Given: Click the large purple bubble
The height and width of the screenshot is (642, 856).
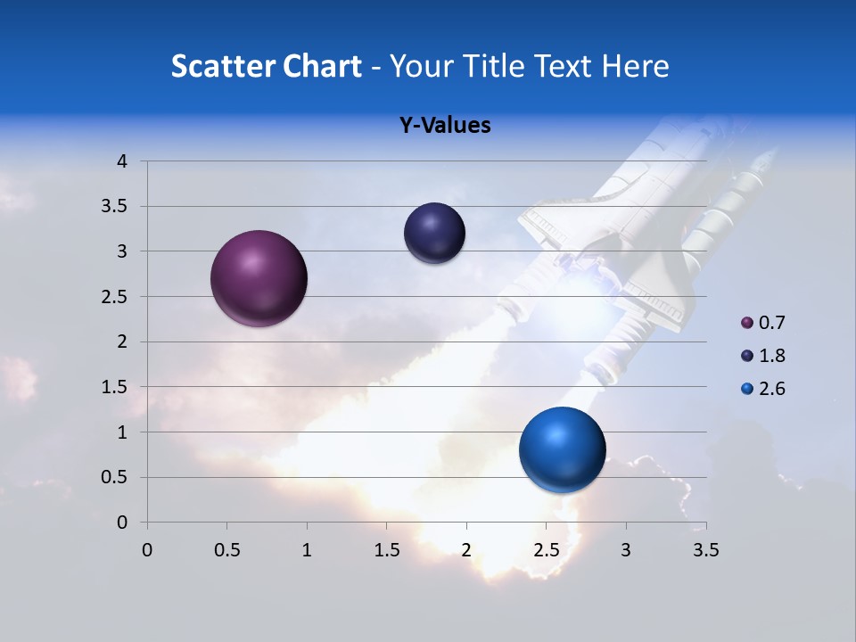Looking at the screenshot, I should pos(259,278).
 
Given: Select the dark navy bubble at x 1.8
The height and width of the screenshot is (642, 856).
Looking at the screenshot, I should pos(434,234).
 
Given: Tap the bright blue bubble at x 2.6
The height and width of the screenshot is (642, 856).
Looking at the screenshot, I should pos(562,449).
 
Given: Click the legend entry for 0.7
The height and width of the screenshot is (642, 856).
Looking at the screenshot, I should pos(764,323).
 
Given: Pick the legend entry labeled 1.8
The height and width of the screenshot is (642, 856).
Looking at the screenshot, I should pos(764,356).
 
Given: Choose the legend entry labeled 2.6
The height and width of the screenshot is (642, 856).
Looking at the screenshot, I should pos(764,389).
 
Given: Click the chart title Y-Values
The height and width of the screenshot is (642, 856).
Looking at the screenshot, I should pos(444,125).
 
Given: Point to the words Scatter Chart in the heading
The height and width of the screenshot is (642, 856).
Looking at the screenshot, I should pos(266,66).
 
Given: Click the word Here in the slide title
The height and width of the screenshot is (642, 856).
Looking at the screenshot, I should pos(635,66).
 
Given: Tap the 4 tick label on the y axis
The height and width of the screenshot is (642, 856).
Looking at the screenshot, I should pos(122,161).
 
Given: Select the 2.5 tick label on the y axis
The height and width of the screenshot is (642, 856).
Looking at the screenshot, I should pos(115,297).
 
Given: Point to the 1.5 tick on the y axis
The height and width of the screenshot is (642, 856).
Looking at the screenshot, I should pos(115,387).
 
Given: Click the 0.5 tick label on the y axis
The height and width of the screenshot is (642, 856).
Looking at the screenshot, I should pos(115,477).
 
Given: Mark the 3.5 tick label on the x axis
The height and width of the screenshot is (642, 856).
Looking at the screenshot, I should pos(705,550).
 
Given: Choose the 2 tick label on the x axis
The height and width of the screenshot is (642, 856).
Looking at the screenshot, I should pos(466,550).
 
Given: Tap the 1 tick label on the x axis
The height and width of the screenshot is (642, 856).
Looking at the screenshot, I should pos(307,550).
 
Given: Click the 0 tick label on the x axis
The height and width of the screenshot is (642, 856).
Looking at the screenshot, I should pos(147,550).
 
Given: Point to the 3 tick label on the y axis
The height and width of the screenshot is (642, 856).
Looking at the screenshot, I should pos(122,251).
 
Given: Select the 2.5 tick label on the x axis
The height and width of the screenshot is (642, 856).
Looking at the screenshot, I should pos(546,550).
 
